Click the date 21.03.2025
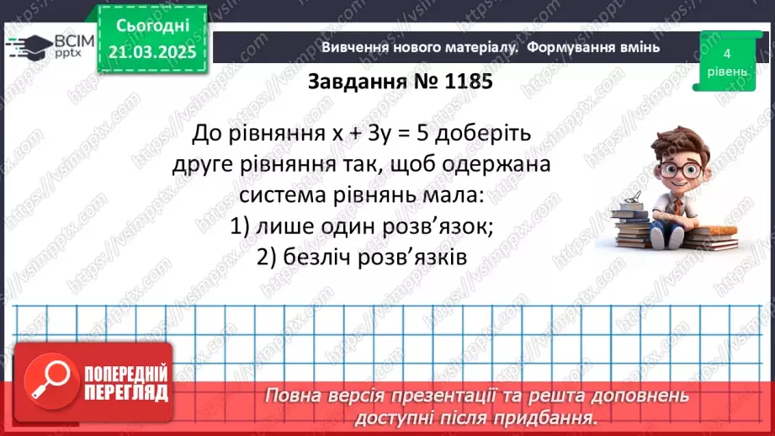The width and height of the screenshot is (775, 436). pos(152,52)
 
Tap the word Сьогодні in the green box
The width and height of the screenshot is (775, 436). pos(152,26)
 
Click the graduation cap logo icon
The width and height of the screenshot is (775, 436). pos(26,45)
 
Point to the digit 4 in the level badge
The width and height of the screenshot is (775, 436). pos(725,53)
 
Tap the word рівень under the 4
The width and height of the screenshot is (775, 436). pos(725,72)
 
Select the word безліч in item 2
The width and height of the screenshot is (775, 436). pos(318,258)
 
